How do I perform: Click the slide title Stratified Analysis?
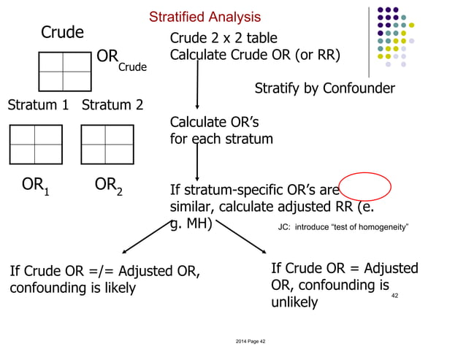(x=205, y=17)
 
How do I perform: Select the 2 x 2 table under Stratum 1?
(x=35, y=145)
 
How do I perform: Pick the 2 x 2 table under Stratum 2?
(x=106, y=145)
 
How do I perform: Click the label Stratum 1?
(x=38, y=104)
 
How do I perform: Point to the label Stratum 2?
(x=112, y=104)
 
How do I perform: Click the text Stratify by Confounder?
(x=324, y=88)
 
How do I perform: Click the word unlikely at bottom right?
(x=294, y=302)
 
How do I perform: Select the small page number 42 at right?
(x=395, y=295)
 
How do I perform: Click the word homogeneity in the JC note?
(x=381, y=228)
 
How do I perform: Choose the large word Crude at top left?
(x=62, y=32)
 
